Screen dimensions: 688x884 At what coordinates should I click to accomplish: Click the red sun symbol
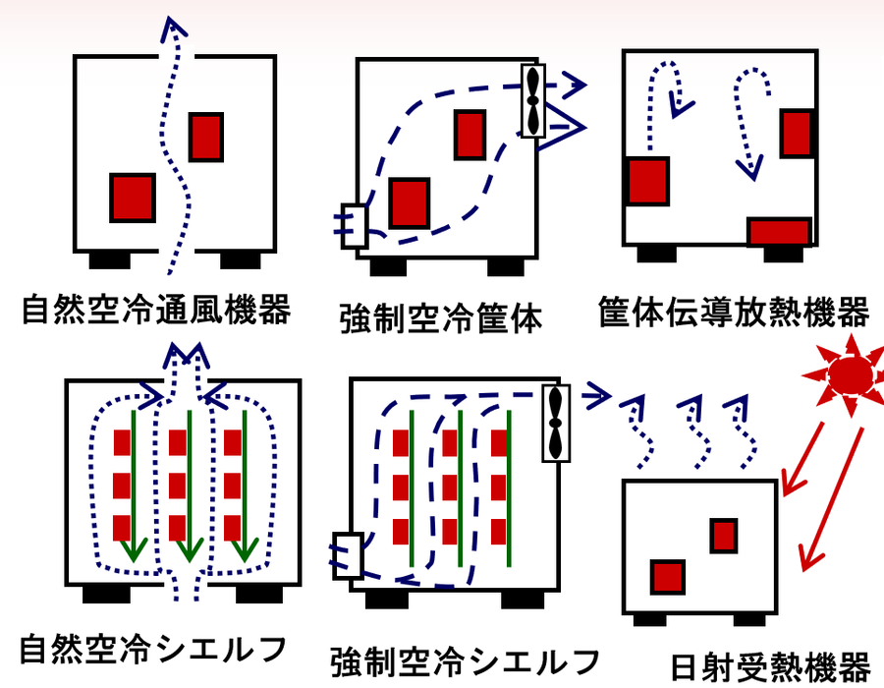pos(848,373)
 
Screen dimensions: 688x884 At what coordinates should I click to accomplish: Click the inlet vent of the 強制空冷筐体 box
pos(352,225)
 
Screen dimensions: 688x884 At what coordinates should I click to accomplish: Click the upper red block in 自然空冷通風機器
pos(205,138)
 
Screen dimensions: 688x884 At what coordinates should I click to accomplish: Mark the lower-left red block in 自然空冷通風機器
pos(132,198)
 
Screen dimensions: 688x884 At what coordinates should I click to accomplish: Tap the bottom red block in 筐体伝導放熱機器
pos(778,232)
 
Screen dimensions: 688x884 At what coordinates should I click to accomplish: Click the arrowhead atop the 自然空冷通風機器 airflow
pos(173,28)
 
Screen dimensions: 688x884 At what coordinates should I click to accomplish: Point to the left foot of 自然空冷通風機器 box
pos(109,259)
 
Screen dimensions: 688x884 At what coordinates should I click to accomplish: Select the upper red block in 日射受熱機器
pos(724,536)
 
